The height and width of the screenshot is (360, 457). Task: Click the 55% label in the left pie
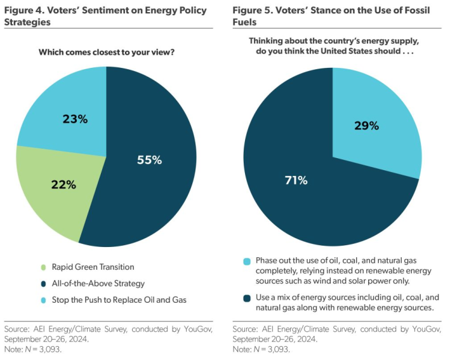[x=150, y=160]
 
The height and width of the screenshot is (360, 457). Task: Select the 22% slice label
[x=63, y=185]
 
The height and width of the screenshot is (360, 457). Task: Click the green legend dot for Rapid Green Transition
[x=43, y=267]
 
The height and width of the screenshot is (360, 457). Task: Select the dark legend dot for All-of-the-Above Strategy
[x=43, y=283]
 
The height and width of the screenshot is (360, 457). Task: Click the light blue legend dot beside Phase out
[x=246, y=262]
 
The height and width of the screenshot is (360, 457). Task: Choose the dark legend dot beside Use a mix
[x=246, y=297]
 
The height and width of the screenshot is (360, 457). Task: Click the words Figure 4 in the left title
[x=25, y=10]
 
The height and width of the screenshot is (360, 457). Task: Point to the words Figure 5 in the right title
[x=253, y=10]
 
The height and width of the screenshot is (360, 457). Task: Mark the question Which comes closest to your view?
[x=106, y=52]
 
